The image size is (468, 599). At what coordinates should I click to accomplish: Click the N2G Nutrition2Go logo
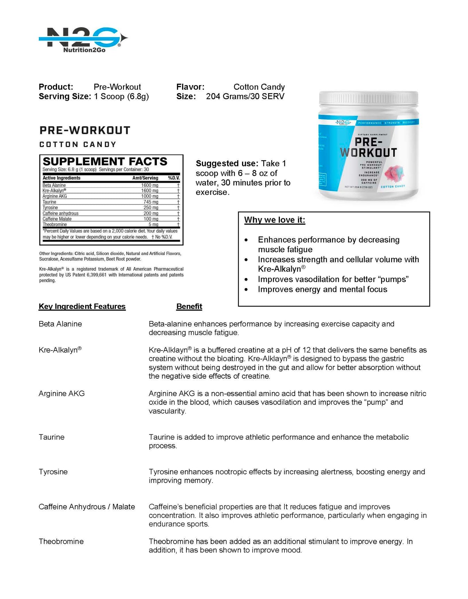(x=83, y=40)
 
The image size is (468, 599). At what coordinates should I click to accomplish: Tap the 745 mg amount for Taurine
(x=151, y=202)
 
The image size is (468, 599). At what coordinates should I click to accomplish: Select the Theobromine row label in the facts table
(x=55, y=224)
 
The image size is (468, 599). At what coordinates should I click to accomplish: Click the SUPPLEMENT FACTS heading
(x=105, y=162)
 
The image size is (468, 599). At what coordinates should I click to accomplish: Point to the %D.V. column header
(x=174, y=178)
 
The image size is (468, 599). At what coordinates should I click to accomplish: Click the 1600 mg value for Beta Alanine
(x=150, y=185)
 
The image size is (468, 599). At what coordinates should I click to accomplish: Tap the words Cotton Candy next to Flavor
(x=259, y=87)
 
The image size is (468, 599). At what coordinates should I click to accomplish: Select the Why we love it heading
(x=274, y=220)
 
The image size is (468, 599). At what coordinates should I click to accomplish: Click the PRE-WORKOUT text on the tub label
(x=369, y=147)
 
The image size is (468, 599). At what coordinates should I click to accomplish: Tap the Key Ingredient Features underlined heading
(x=82, y=306)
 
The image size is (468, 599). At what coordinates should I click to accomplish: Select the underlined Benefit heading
(x=189, y=306)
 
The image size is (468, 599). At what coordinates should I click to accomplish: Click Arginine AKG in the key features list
(x=62, y=394)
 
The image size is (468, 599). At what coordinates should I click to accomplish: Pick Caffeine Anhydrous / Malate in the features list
(x=87, y=507)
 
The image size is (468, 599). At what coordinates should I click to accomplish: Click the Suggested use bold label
(x=227, y=163)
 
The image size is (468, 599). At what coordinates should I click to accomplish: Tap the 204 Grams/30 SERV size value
(x=245, y=96)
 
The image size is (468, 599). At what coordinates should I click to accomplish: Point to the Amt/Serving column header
(x=145, y=178)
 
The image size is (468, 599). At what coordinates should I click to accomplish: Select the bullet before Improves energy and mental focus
(x=246, y=289)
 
